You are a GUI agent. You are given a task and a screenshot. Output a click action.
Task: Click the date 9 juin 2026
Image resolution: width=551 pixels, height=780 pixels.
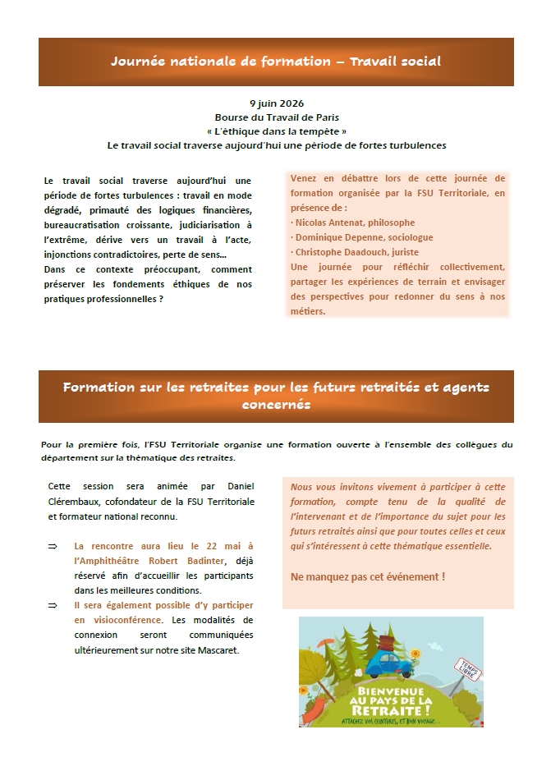pos(276,103)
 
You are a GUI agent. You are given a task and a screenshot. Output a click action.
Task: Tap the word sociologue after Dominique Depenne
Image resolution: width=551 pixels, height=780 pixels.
pos(411,237)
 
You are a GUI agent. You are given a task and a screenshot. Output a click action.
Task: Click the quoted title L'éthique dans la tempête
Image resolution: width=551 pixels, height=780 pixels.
pos(276,131)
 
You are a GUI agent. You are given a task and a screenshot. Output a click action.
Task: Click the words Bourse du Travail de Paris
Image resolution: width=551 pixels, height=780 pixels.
pos(276,117)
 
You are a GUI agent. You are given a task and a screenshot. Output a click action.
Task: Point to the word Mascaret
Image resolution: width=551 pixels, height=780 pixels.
pos(233,650)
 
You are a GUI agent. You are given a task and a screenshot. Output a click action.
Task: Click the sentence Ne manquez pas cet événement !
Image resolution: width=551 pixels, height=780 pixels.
pos(368,577)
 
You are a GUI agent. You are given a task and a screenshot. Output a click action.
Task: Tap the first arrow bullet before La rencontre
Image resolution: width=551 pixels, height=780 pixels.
pos(53,546)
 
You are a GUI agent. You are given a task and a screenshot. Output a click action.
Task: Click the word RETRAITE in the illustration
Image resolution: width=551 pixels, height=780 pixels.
pos(390,709)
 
